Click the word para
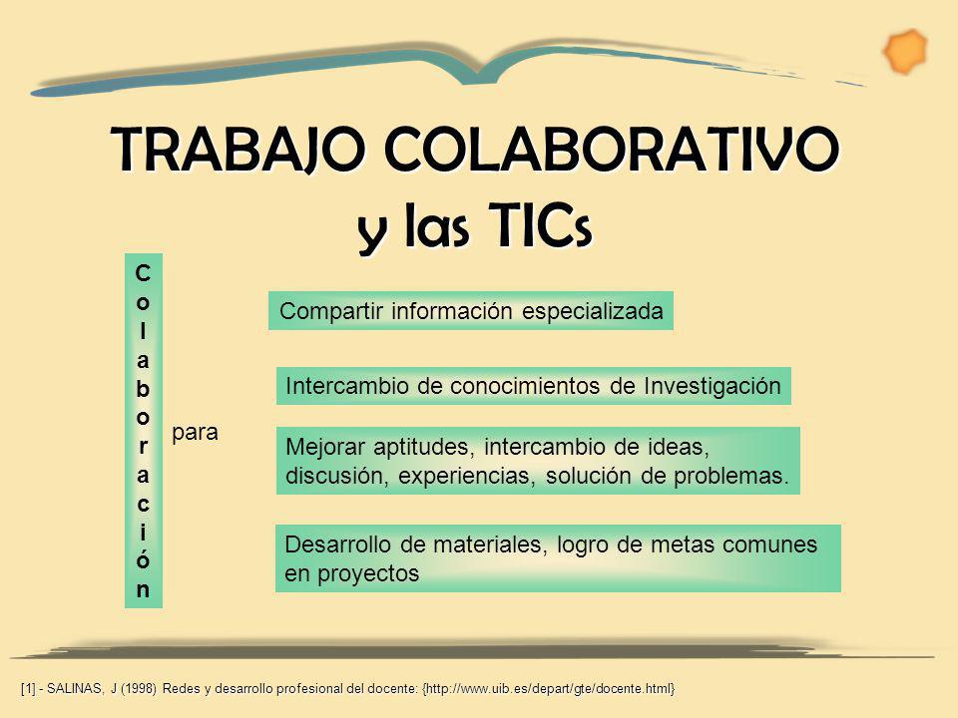194,433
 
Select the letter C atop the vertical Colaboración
145,271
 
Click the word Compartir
323,311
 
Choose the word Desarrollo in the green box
333,545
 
